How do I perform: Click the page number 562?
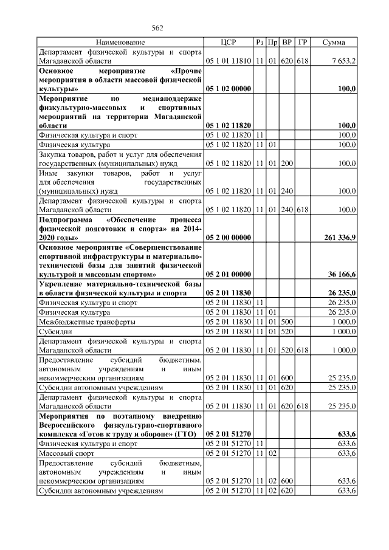point(158,28)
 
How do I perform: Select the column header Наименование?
point(120,43)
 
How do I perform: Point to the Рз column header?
point(260,43)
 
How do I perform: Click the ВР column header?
point(288,43)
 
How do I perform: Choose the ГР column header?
point(303,43)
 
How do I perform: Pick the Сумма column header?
point(334,43)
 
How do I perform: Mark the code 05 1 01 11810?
point(229,61)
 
